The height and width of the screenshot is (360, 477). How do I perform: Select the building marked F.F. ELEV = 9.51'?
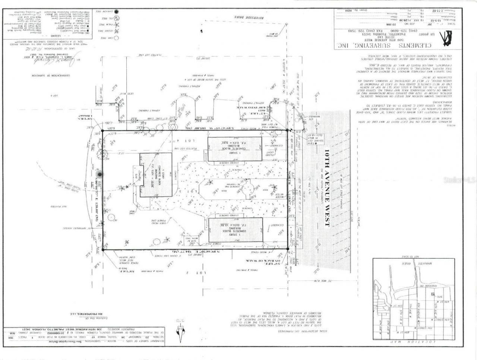234,149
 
